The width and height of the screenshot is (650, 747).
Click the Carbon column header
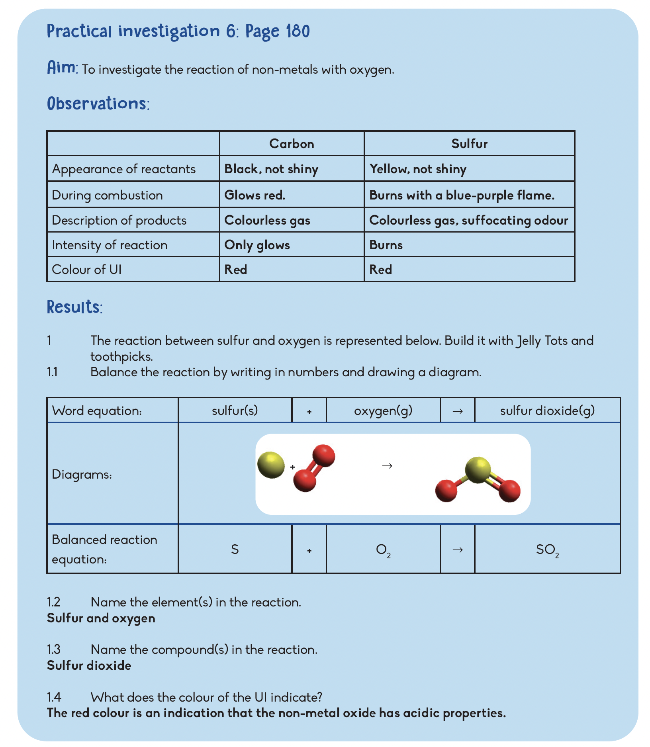coord(292,144)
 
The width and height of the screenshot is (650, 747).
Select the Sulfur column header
coord(469,144)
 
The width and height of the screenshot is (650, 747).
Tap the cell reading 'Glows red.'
coord(255,195)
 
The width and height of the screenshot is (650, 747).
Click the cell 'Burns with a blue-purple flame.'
coord(462,195)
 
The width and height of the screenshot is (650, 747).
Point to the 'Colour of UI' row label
coord(87,270)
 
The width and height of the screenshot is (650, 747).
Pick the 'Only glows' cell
coord(257,245)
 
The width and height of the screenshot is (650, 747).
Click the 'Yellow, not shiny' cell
coord(418,169)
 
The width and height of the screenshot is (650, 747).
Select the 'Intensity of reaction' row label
coord(110,245)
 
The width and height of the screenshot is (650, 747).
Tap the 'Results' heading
coord(74,307)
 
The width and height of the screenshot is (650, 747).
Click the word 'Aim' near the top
coord(62,68)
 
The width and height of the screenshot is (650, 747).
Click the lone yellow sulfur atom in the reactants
coord(271,465)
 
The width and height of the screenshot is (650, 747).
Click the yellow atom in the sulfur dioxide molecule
coord(478,470)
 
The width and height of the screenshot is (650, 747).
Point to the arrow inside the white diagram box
coord(387,465)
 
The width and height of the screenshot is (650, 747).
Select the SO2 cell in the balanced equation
coord(547,550)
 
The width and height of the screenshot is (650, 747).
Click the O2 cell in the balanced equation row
coord(383,550)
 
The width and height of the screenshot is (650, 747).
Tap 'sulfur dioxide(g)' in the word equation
coord(547,411)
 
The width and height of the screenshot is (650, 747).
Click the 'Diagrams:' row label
coord(82,474)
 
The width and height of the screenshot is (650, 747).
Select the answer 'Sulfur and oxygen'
coord(101,618)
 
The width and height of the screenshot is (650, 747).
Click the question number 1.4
coord(54,697)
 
